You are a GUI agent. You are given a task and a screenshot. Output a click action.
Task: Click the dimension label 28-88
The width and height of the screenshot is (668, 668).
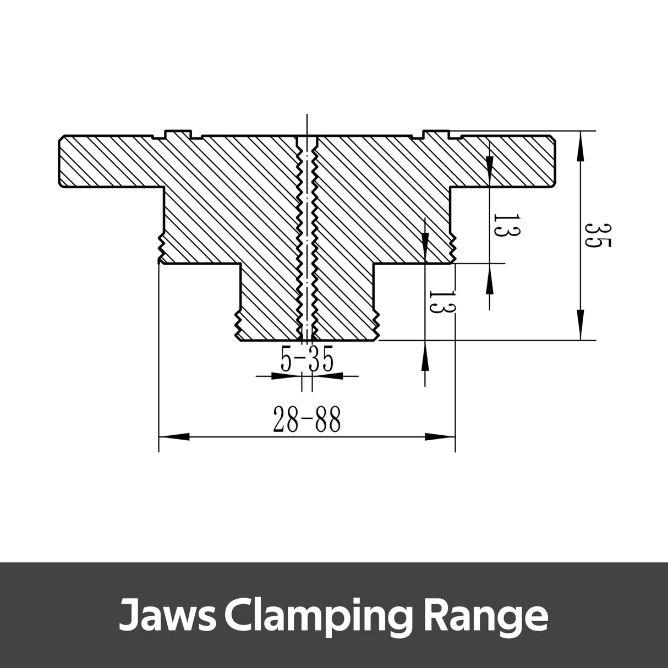(306, 420)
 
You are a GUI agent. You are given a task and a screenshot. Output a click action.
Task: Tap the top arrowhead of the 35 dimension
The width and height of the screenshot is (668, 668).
(579, 146)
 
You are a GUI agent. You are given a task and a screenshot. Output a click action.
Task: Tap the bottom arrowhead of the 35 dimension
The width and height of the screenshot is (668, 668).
(579, 325)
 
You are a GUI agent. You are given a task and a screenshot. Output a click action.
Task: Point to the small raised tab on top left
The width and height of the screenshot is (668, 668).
(179, 133)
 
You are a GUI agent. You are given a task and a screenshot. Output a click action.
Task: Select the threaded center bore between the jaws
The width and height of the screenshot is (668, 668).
(307, 237)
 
